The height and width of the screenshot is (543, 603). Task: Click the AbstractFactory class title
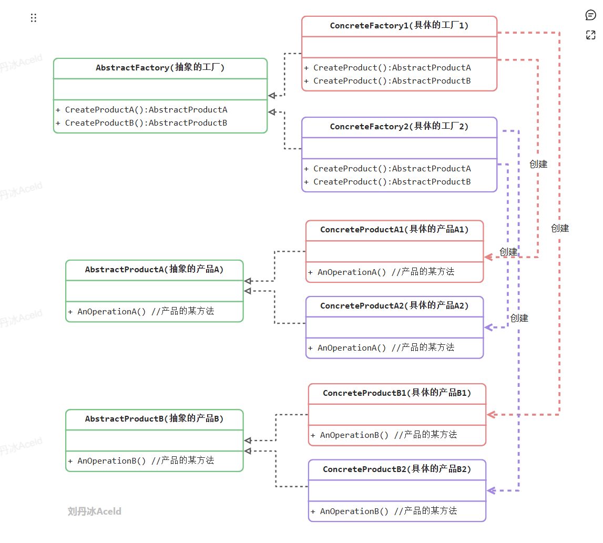(x=160, y=68)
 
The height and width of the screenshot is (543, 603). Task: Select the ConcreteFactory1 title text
(x=399, y=26)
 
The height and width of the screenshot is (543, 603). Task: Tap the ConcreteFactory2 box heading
(x=399, y=127)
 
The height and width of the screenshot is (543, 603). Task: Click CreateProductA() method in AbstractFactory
(x=141, y=110)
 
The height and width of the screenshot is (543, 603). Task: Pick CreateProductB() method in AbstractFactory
(x=141, y=123)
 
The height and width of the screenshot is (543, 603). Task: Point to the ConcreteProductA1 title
(x=394, y=230)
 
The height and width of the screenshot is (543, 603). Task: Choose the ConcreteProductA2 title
(x=394, y=306)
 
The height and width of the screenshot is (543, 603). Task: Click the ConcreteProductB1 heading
(x=397, y=393)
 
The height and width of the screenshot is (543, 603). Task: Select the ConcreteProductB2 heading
(x=397, y=469)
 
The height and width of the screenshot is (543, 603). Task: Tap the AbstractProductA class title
(x=155, y=270)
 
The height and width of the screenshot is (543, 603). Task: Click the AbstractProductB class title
(x=155, y=419)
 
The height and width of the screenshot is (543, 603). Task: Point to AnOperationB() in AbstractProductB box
(x=141, y=460)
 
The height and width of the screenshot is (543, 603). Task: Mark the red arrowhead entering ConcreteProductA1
(x=488, y=257)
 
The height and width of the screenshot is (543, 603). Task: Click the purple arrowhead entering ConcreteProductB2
(x=491, y=491)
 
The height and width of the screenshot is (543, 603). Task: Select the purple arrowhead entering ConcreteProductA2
(x=488, y=327)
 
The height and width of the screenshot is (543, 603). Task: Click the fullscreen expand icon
(x=590, y=35)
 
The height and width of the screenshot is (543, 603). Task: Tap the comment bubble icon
(x=590, y=15)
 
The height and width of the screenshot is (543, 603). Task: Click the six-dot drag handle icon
(x=34, y=18)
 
